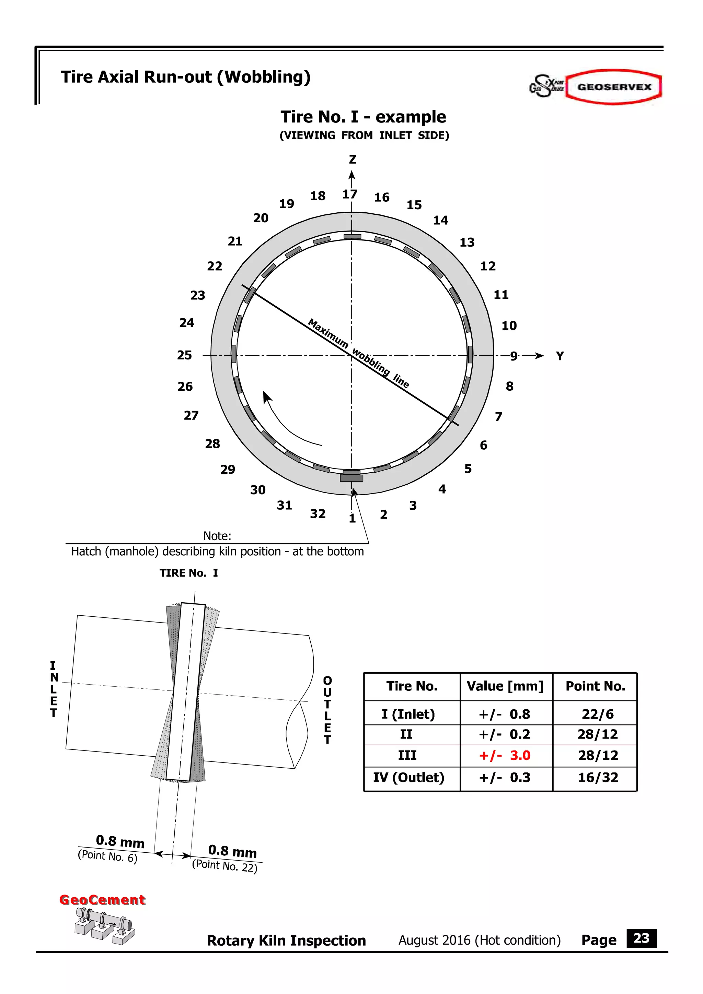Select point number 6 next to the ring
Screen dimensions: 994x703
coord(483,445)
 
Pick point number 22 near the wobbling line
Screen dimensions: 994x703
coord(215,266)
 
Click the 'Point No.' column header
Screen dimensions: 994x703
coord(595,686)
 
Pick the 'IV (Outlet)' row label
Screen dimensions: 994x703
coord(408,778)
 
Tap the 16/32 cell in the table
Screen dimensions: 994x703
coord(598,778)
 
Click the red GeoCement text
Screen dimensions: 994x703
coord(102,900)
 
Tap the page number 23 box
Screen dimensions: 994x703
coord(641,938)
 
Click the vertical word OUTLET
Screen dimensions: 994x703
coord(327,710)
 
